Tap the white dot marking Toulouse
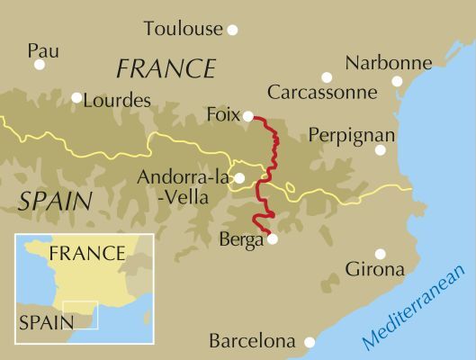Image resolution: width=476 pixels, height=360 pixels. (x=232, y=30)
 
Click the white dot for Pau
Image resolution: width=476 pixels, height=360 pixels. (x=40, y=65)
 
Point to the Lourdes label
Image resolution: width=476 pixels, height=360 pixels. (x=116, y=101)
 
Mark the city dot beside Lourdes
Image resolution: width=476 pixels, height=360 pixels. (x=76, y=98)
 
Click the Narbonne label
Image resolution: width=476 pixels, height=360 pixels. (x=389, y=63)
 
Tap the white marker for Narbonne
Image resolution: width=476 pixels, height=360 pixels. (x=397, y=81)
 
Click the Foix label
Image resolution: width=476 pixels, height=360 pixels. (x=222, y=115)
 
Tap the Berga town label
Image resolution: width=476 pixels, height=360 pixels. (x=240, y=239)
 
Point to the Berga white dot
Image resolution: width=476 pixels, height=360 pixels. (x=273, y=239)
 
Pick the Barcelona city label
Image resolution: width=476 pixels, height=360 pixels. (x=252, y=342)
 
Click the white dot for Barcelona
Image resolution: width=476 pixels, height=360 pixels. (x=309, y=342)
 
